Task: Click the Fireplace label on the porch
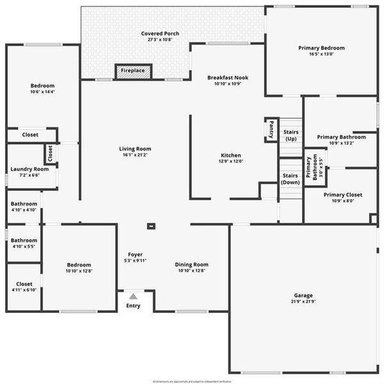click(x=133, y=72)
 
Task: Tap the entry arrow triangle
click(x=133, y=296)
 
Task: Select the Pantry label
click(x=271, y=129)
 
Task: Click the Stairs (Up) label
click(x=291, y=134)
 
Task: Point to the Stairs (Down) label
click(x=290, y=179)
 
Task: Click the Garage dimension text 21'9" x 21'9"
click(x=303, y=301)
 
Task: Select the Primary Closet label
click(x=342, y=195)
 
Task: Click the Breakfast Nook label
click(x=227, y=77)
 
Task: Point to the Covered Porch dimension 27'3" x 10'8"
click(x=159, y=40)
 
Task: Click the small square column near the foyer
click(x=151, y=225)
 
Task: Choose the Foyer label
click(x=135, y=254)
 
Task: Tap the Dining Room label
click(x=192, y=264)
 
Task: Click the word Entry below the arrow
click(x=133, y=305)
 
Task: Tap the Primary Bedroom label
click(x=321, y=48)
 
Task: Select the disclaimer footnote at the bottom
click(x=192, y=380)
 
